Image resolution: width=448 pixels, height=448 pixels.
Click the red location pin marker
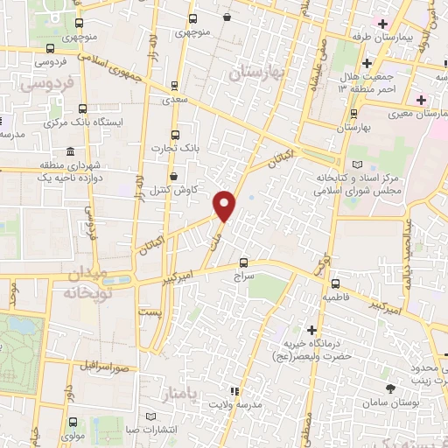pyautogui.click(x=225, y=205)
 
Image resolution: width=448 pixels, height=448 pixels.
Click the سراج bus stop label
pyautogui.click(x=242, y=275)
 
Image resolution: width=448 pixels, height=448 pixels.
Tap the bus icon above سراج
pyautogui.click(x=243, y=262)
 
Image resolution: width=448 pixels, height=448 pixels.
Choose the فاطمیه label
pyautogui.click(x=336, y=297)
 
